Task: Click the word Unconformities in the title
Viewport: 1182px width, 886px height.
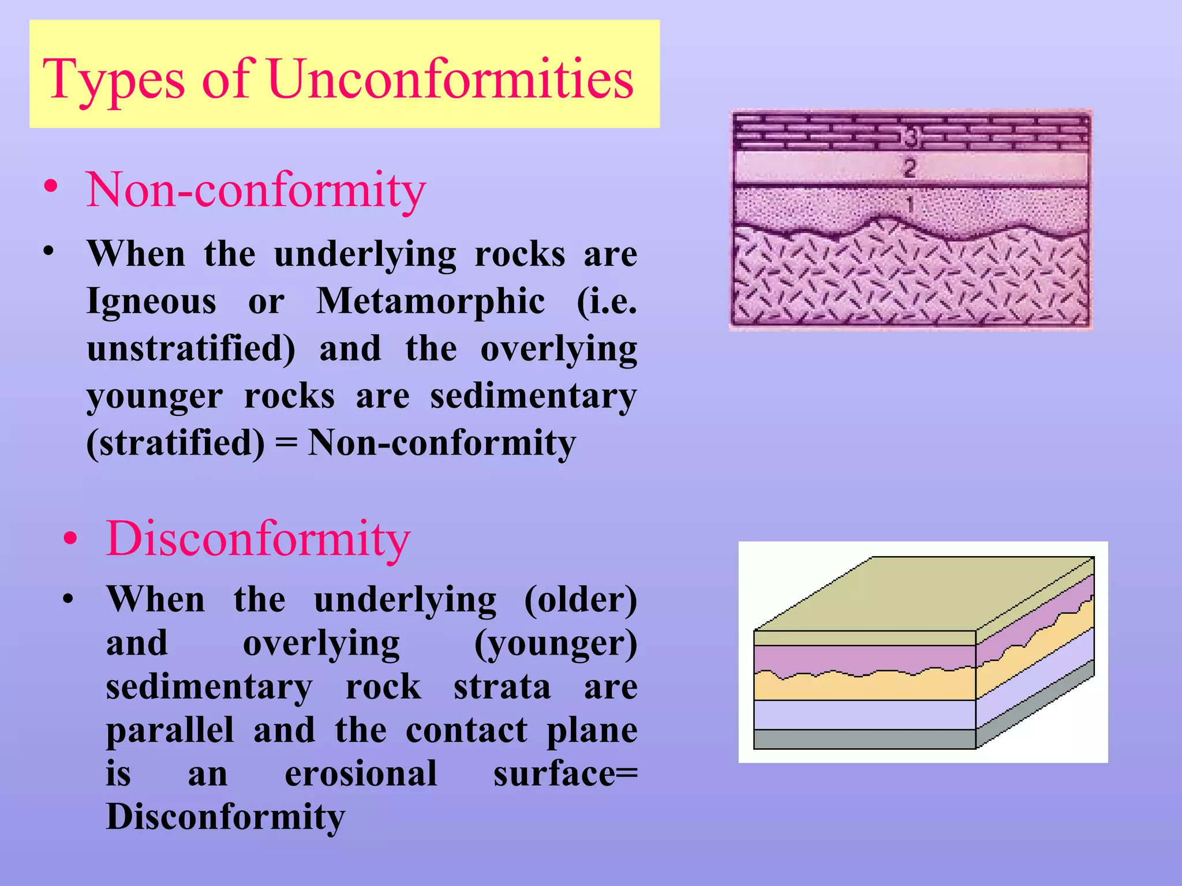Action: coord(451,79)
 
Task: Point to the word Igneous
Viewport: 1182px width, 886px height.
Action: coord(151,301)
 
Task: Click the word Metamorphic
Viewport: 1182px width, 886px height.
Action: coord(431,301)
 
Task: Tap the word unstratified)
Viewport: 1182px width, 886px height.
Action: coord(191,349)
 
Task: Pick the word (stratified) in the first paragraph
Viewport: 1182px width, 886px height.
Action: coord(175,443)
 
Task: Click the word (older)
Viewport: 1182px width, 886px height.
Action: coord(580,600)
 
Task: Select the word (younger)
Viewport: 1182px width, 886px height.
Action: coord(555,644)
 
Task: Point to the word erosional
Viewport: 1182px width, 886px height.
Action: coord(361,774)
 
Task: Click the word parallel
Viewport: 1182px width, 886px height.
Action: coord(170,730)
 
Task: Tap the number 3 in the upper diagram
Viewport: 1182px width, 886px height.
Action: coord(910,137)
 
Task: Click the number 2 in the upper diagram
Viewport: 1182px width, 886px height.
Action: coord(910,168)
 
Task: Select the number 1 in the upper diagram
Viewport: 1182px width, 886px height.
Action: coord(910,204)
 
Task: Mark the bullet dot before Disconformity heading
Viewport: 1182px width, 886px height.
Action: coord(70,538)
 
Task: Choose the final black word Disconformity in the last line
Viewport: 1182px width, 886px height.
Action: coord(226,817)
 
